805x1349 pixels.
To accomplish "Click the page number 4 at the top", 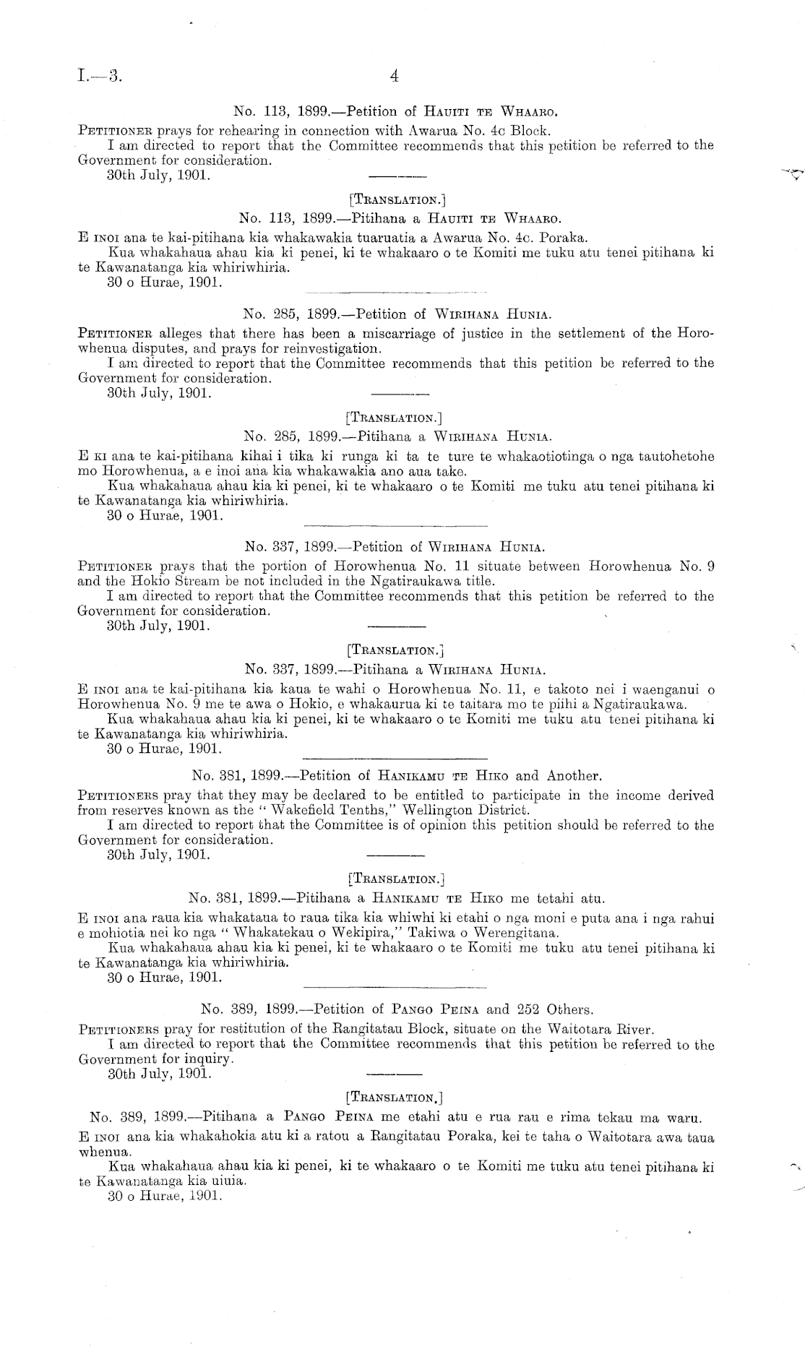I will pos(394,76).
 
